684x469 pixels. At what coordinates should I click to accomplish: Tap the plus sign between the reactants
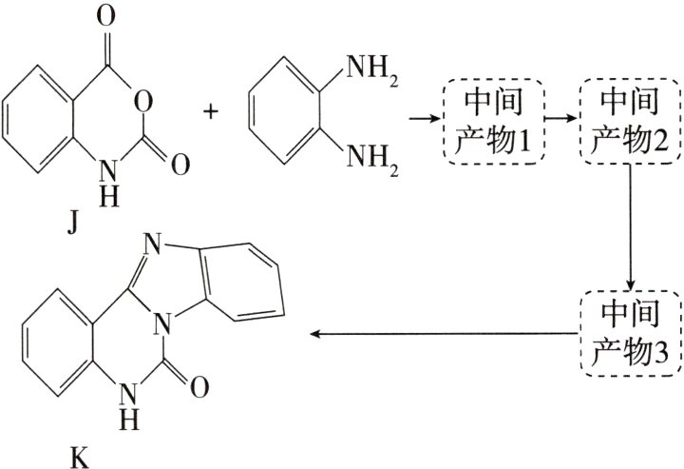click(211, 111)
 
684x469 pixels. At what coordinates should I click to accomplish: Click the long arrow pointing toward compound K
click(446, 334)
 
